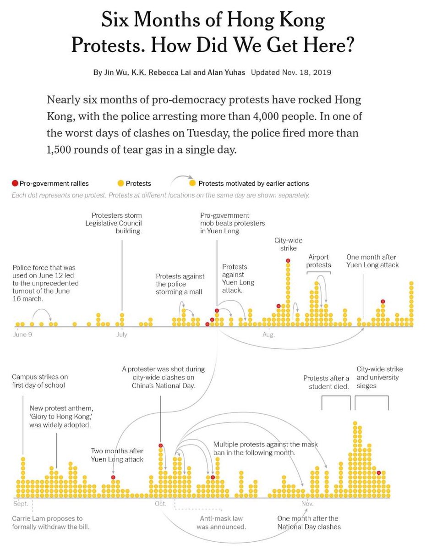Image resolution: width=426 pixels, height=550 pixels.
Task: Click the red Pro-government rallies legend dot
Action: (x=15, y=183)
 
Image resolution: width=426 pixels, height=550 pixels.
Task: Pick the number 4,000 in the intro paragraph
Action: (x=267, y=116)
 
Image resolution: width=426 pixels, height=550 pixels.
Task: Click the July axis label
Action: (x=122, y=335)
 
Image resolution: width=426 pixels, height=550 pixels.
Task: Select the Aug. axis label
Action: (x=268, y=335)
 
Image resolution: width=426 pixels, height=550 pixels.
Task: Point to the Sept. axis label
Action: (x=21, y=504)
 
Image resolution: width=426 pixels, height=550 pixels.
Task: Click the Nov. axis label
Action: (x=307, y=504)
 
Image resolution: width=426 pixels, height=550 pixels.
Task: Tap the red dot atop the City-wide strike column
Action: (x=288, y=260)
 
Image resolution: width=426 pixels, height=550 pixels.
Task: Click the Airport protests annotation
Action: (x=319, y=261)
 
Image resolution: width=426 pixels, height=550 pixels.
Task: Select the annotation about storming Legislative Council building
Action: (x=117, y=223)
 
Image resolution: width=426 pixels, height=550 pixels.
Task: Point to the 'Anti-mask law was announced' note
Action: (x=222, y=522)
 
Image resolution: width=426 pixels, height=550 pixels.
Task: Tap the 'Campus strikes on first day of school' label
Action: (x=40, y=381)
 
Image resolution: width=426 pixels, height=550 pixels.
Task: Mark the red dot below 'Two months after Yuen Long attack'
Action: (x=113, y=478)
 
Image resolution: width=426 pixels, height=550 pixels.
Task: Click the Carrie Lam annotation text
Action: (x=50, y=522)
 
